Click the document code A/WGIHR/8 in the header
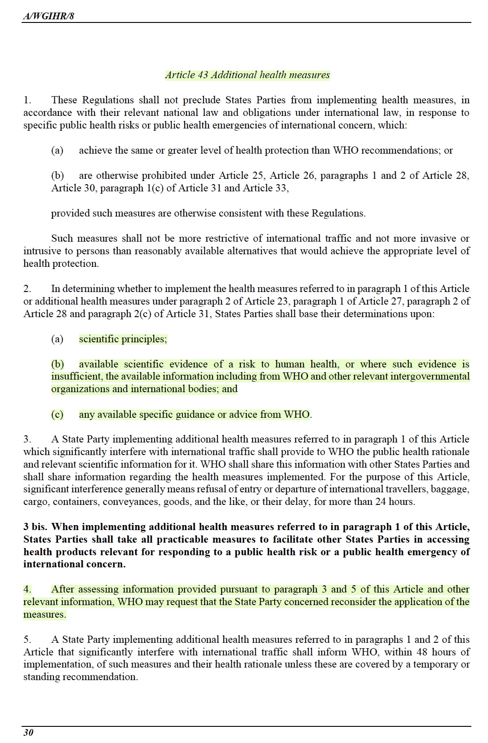pyautogui.click(x=49, y=16)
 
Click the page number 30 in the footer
pyautogui.click(x=28, y=733)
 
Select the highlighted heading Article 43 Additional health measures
pyautogui.click(x=247, y=75)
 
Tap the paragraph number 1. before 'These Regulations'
pyautogui.click(x=27, y=100)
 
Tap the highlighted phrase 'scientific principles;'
pyautogui.click(x=123, y=339)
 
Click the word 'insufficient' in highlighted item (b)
pyautogui.click(x=76, y=376)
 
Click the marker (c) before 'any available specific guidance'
pyautogui.click(x=57, y=415)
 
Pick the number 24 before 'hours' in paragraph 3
pyautogui.click(x=381, y=502)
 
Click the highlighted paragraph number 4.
pyautogui.click(x=27, y=589)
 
